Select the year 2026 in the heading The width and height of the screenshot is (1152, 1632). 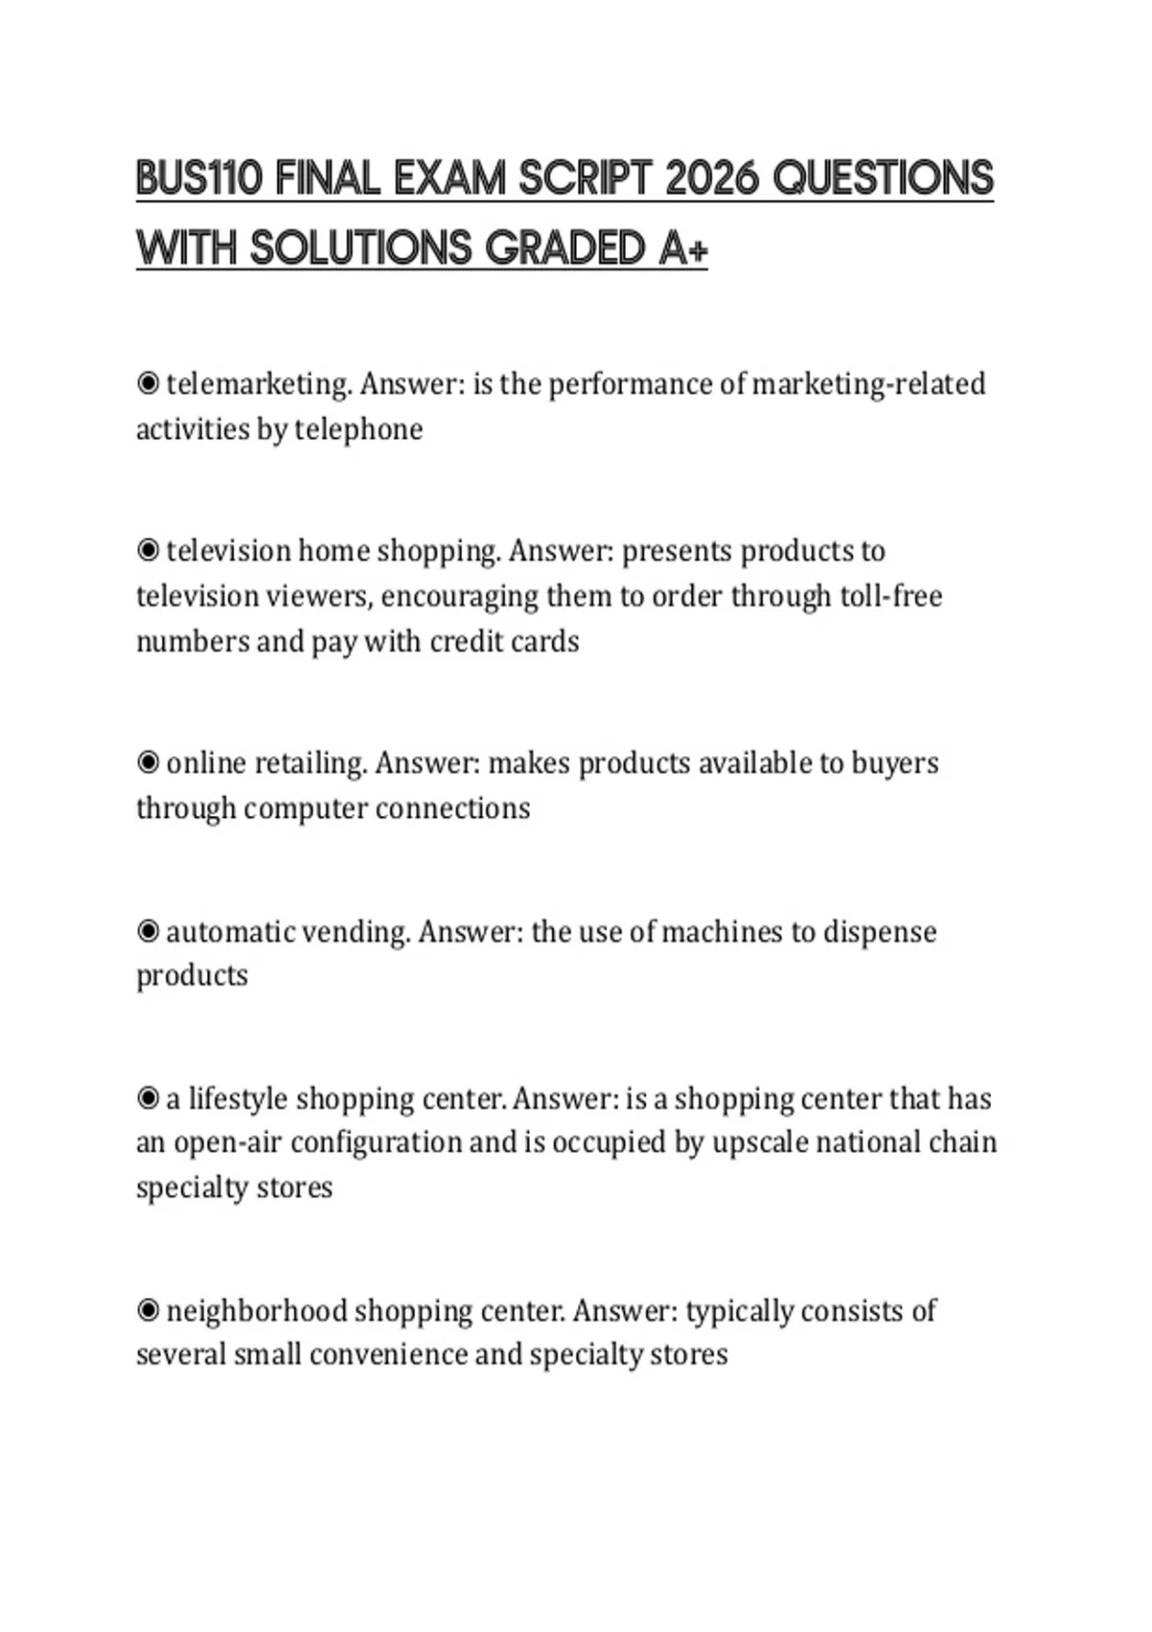click(x=711, y=179)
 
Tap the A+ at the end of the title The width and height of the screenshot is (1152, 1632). click(x=684, y=249)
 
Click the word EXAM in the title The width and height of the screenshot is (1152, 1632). click(x=448, y=179)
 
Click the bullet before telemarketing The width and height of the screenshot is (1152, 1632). click(x=148, y=384)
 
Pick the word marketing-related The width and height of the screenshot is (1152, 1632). click(x=868, y=384)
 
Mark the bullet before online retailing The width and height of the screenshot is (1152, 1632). click(x=148, y=763)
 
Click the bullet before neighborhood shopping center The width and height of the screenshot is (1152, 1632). click(x=148, y=1310)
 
